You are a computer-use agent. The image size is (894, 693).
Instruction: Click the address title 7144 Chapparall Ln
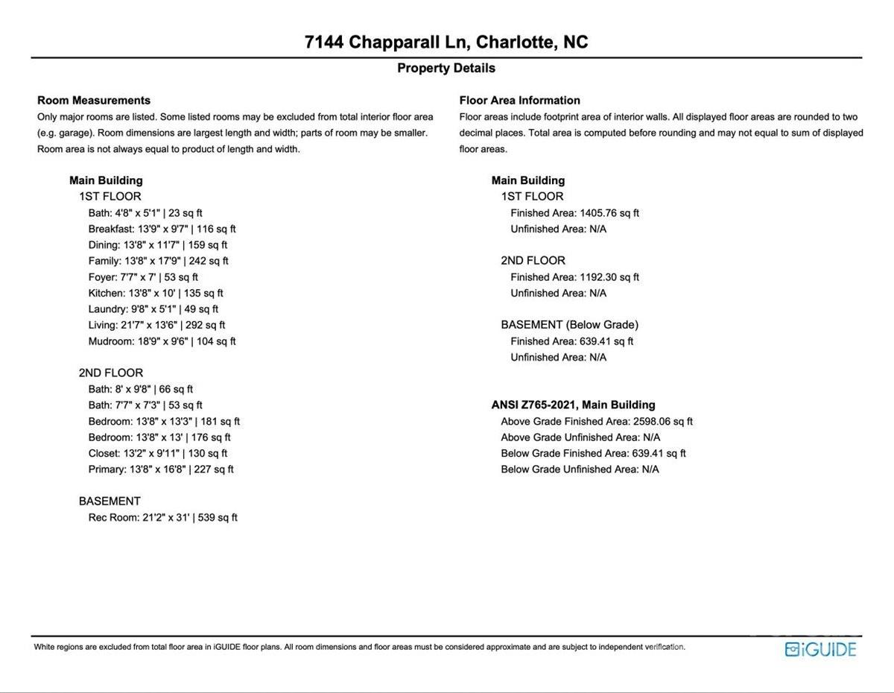(446, 42)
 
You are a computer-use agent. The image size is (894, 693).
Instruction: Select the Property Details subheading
(446, 68)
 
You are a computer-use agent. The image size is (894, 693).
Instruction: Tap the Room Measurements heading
(94, 101)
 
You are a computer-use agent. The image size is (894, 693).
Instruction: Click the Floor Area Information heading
(520, 101)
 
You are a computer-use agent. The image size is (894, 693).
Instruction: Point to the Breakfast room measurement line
(162, 229)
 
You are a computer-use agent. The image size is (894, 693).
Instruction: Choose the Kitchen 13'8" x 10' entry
(156, 293)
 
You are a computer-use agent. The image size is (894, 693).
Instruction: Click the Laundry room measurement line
(153, 309)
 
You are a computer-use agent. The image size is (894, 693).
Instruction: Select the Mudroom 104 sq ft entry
(162, 341)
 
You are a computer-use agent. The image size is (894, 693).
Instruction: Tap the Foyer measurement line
(143, 277)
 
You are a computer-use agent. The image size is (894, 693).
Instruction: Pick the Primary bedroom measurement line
(161, 469)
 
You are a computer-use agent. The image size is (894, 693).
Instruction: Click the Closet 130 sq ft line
(158, 453)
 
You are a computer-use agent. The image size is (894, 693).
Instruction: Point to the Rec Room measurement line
(162, 517)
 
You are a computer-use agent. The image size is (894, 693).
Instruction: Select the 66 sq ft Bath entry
(140, 389)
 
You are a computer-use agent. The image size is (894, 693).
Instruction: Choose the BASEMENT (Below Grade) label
(569, 325)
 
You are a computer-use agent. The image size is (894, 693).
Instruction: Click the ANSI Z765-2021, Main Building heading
(573, 405)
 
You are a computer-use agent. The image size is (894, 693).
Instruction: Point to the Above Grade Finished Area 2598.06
(597, 421)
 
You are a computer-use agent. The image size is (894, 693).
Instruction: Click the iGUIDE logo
(820, 649)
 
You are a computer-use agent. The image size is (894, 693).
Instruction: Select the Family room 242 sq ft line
(158, 261)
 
